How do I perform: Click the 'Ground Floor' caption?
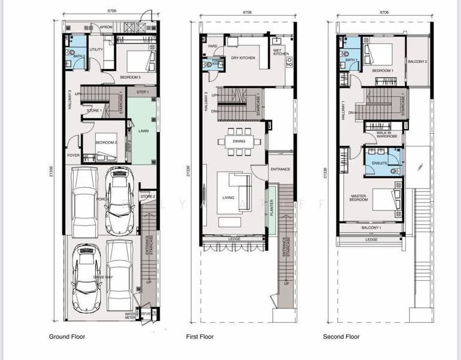pyautogui.click(x=67, y=337)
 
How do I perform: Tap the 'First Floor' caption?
pyautogui.click(x=200, y=337)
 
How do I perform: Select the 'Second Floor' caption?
pyautogui.click(x=341, y=337)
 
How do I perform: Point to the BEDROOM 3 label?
pyautogui.click(x=130, y=77)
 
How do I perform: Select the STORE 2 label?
pyautogui.click(x=147, y=196)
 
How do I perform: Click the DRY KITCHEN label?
pyautogui.click(x=243, y=58)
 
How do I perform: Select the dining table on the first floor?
pyautogui.click(x=238, y=142)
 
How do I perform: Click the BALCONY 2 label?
pyautogui.click(x=417, y=62)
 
